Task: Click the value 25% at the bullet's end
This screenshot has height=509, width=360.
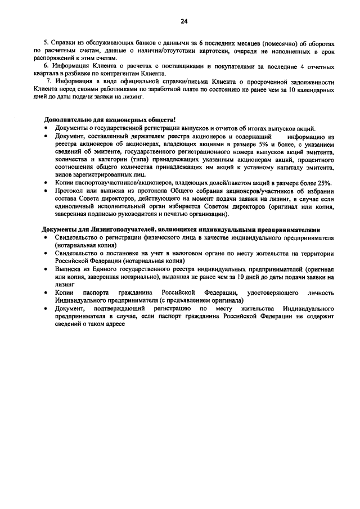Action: pos(323,183)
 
